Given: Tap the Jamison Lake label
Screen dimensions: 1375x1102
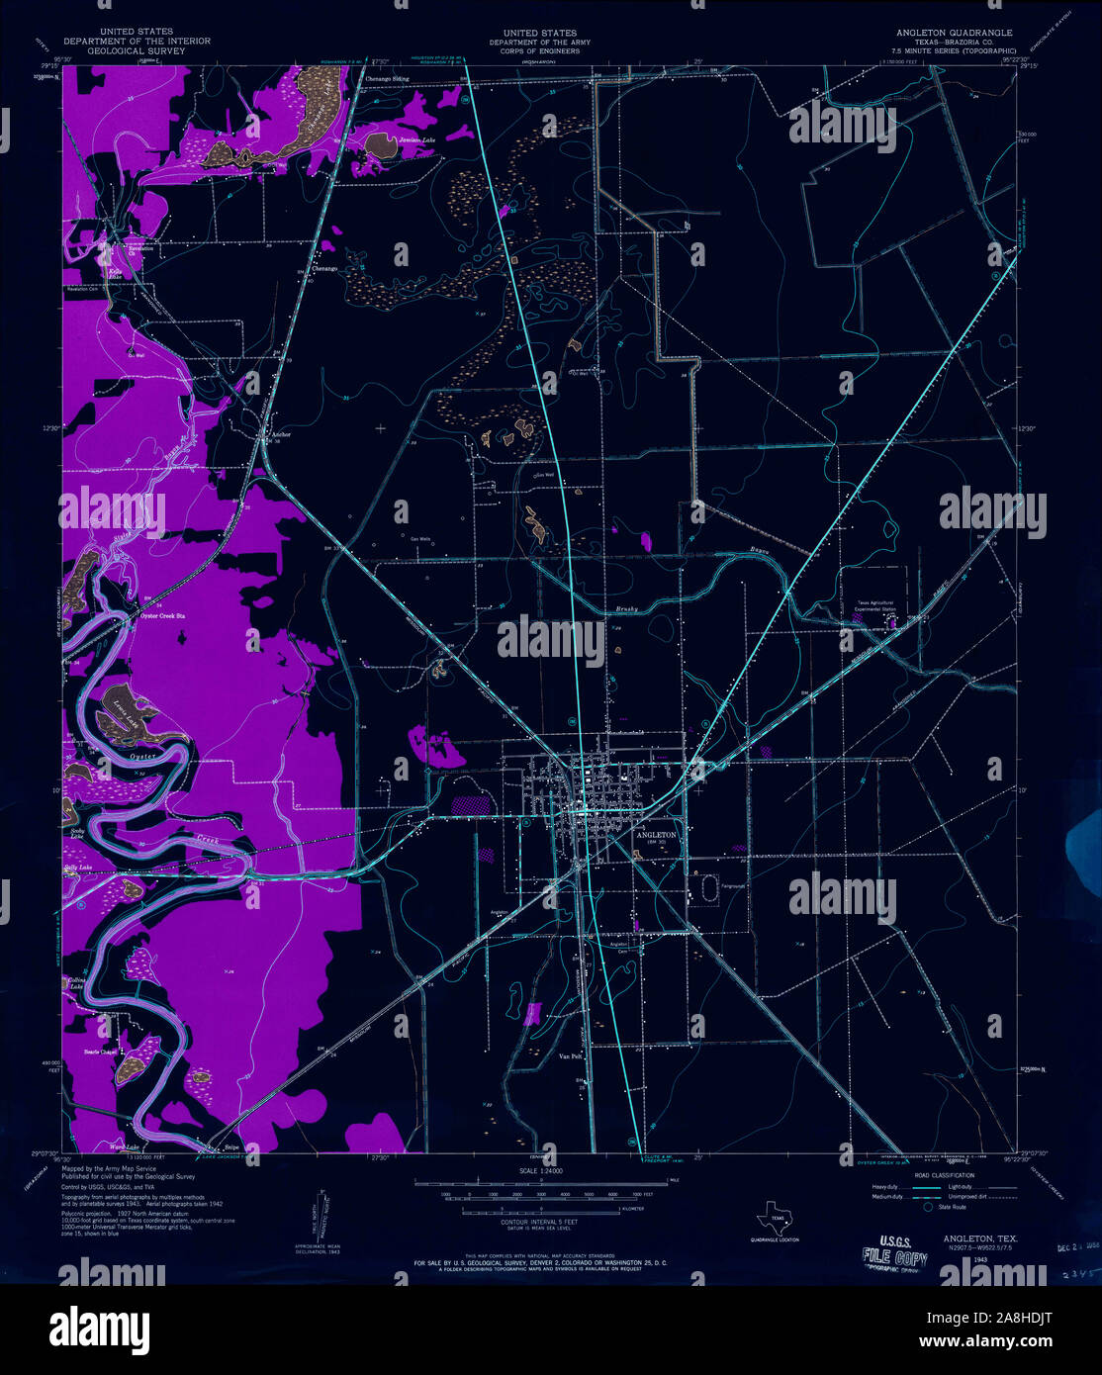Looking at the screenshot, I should pos(416,141).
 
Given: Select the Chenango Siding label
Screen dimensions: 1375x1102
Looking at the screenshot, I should pos(387,78).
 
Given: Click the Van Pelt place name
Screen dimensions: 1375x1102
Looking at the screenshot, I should pos(570,1055).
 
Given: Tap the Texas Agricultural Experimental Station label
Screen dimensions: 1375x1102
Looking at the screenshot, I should pos(875,606).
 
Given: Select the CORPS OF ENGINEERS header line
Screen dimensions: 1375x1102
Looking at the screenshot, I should pos(540,50).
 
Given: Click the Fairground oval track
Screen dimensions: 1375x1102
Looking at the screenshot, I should pos(707,887).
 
